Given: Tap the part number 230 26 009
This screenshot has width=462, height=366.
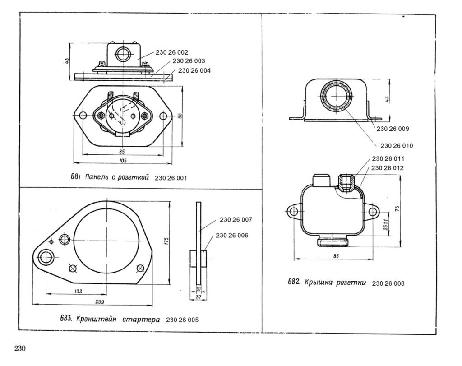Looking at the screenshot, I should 392,129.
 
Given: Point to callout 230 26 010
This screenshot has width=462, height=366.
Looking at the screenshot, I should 397,145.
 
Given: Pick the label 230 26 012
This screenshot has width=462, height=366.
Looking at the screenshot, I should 388,168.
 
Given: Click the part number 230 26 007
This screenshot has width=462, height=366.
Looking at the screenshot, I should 236,220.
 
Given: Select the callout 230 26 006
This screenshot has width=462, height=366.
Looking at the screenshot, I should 231,235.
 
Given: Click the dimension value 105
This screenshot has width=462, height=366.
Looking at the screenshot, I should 122,161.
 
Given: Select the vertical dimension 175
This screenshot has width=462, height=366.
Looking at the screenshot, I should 166,240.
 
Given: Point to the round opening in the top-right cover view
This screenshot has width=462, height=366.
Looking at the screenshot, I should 335,99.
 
